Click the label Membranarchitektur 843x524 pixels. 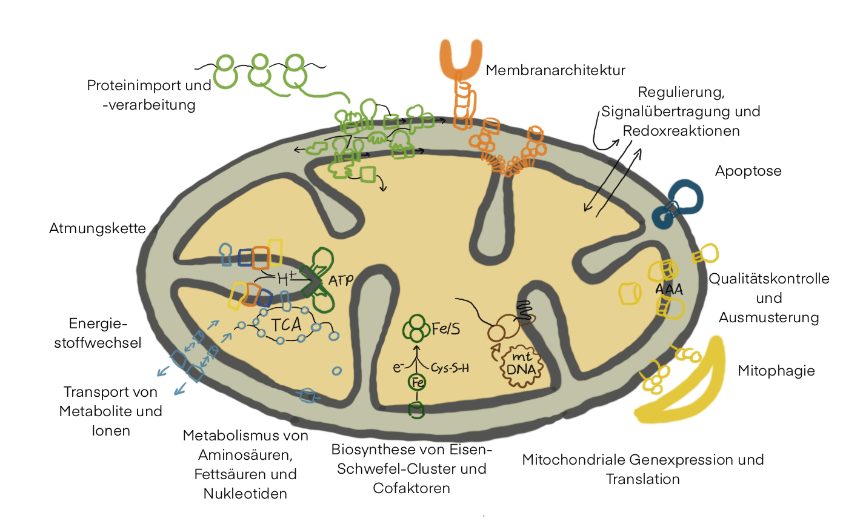point(555,71)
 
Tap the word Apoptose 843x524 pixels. point(748,171)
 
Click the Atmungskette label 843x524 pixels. point(98,229)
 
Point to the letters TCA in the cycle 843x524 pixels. point(287,325)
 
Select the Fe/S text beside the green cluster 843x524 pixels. point(447,328)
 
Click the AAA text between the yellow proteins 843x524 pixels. point(669,290)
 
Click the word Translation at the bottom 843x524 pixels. point(642,479)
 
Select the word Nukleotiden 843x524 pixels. point(245,493)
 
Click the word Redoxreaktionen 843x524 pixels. point(681,131)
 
